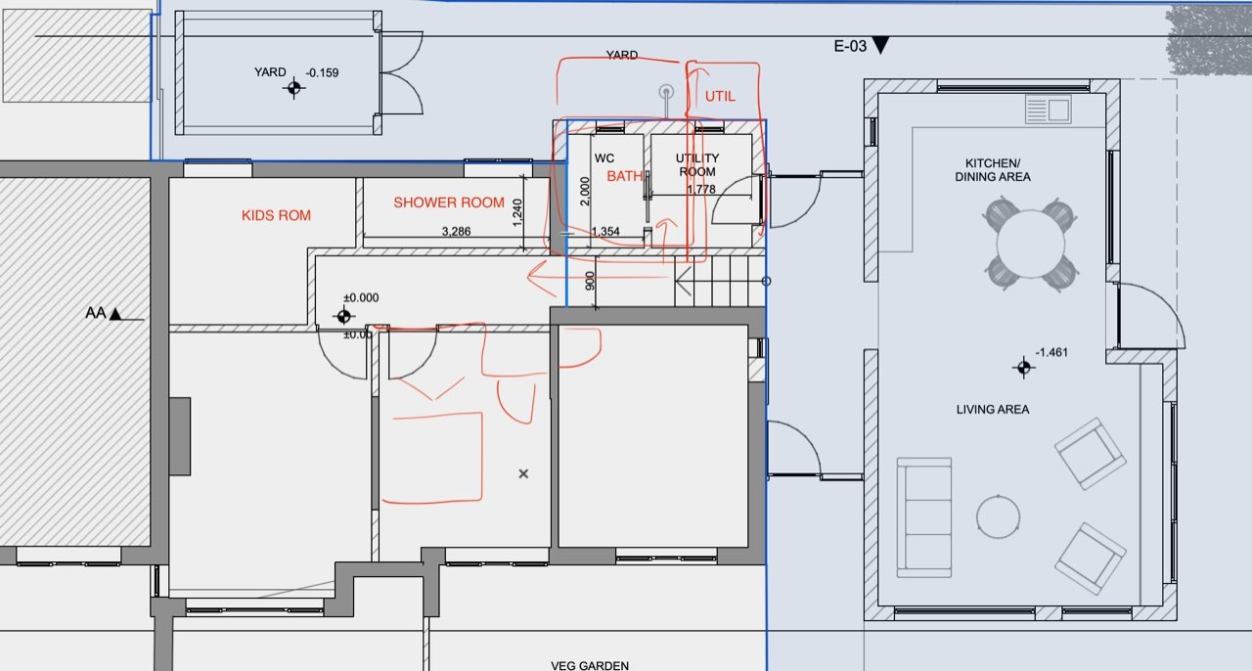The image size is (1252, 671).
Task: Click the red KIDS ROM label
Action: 276,215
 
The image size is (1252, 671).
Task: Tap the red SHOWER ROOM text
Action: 449,202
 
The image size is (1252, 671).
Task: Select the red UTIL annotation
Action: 720,96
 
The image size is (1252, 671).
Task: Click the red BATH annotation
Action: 624,176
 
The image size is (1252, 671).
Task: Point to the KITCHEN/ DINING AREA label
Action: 993,170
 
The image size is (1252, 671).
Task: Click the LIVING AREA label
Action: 993,409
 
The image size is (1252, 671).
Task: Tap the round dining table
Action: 1031,244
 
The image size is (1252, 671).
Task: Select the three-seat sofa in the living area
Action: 924,517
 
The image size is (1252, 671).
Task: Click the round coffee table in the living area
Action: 999,516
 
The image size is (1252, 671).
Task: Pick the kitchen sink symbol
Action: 1048,109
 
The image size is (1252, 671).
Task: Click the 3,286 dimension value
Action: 456,231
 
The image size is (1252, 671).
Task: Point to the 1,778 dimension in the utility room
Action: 701,189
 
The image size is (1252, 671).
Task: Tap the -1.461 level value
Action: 1051,352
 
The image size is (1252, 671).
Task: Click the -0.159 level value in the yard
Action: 322,72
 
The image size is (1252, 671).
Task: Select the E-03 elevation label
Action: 850,46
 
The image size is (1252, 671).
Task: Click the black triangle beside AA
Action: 115,314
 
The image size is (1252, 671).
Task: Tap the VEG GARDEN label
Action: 590,665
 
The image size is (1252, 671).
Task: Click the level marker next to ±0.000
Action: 343,317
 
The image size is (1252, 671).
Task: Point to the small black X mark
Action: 523,473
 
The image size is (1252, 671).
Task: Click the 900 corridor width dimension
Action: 590,281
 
